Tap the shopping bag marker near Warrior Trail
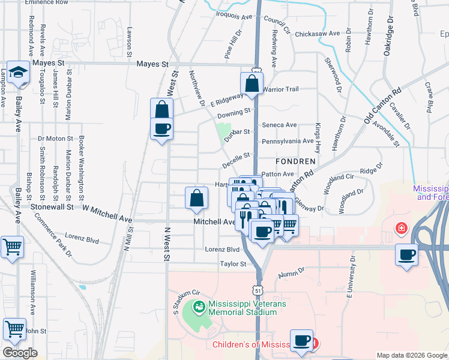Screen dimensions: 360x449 pyautogui.click(x=252, y=85)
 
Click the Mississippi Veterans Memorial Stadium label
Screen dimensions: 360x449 pyautogui.click(x=247, y=308)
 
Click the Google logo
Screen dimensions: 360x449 pyautogui.click(x=20, y=353)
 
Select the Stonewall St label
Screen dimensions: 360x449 pyautogui.click(x=53, y=206)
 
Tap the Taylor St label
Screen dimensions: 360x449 pyautogui.click(x=233, y=264)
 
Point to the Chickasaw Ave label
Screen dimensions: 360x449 pyautogui.click(x=318, y=34)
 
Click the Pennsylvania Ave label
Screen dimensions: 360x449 pyautogui.click(x=288, y=141)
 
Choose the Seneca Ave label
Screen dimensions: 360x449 pyautogui.click(x=280, y=125)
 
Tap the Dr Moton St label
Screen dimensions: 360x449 pyautogui.click(x=55, y=139)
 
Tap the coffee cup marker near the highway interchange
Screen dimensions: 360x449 pyautogui.click(x=406, y=254)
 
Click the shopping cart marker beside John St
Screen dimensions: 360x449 pyautogui.click(x=14, y=329)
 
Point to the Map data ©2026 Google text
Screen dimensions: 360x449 pyautogui.click(x=412, y=355)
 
